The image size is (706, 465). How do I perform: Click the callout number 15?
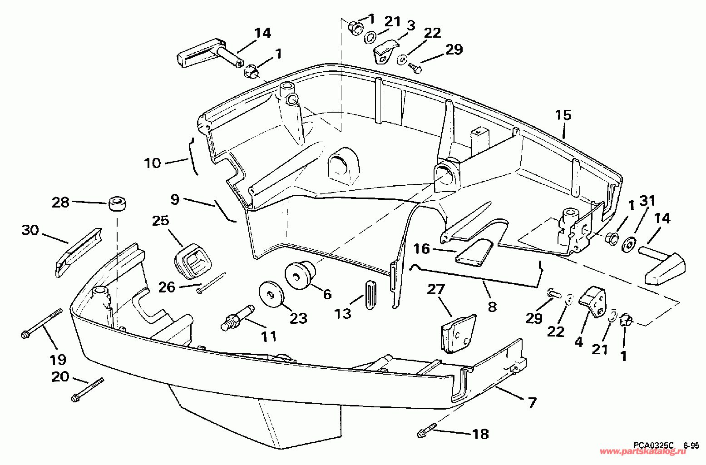coord(563,115)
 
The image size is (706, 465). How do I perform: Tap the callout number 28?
coord(60,203)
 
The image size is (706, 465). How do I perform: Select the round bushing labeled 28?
coord(117,204)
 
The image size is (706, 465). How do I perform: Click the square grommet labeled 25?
coord(193,262)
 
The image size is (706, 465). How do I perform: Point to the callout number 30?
coord(30,230)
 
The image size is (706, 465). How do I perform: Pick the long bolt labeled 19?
coord(42,323)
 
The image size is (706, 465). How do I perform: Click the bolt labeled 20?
coord(88,390)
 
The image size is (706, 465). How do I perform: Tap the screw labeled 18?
coord(427,430)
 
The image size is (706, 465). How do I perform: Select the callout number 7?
coord(532,403)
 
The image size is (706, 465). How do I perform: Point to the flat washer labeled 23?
coord(271,294)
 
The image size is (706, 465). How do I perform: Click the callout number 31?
coord(647,201)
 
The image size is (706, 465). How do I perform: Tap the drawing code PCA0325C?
coord(649,445)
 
